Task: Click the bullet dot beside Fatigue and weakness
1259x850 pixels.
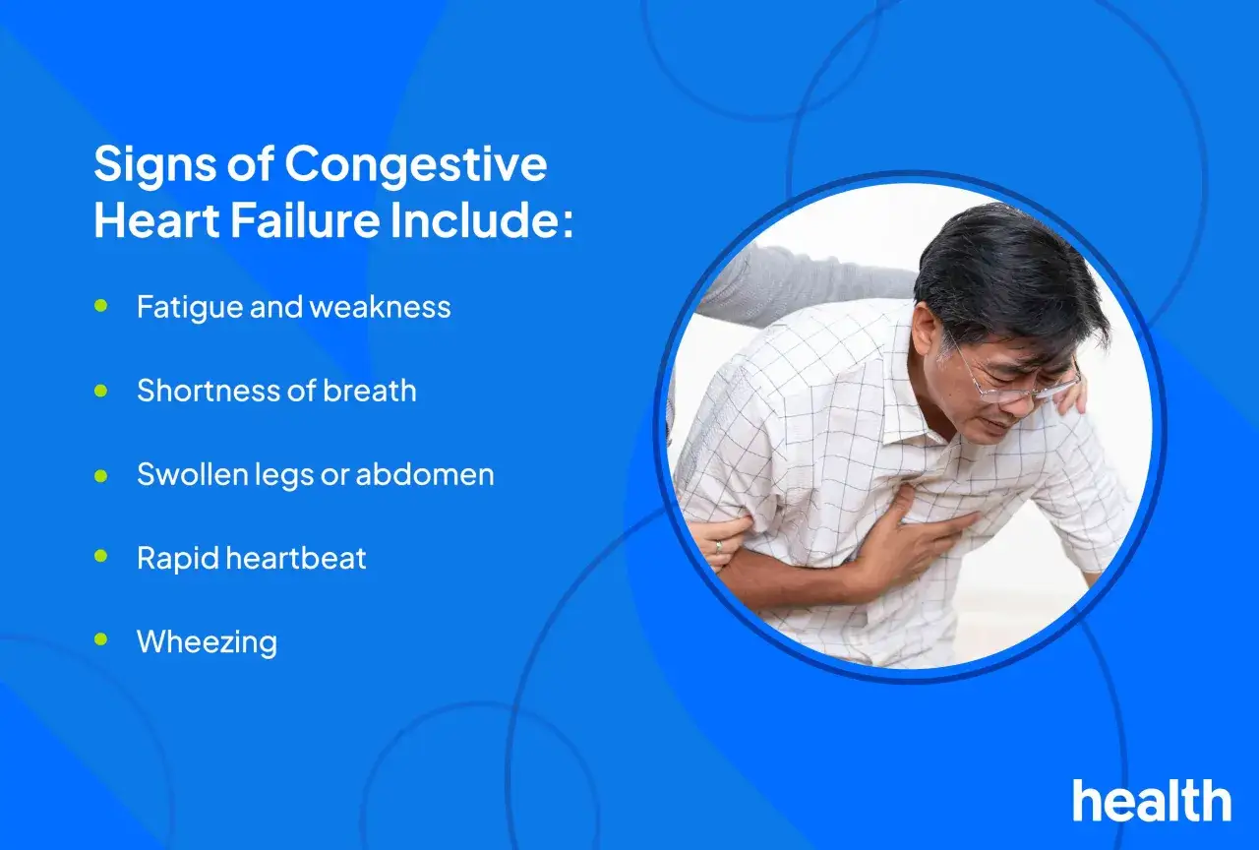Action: tap(101, 306)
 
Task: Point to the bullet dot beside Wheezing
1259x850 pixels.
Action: tap(101, 639)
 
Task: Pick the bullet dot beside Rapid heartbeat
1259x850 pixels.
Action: tap(101, 556)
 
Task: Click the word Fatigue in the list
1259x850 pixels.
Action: tap(188, 309)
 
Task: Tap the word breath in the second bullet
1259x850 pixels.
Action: tap(369, 391)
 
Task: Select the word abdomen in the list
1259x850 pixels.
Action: tap(425, 474)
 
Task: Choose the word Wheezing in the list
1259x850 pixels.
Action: tap(207, 643)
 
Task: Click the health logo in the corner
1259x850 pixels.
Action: tap(1152, 800)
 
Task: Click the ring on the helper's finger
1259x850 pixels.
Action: tap(718, 545)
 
